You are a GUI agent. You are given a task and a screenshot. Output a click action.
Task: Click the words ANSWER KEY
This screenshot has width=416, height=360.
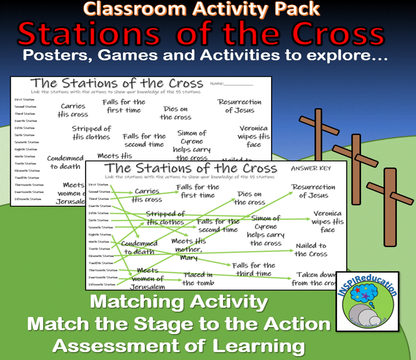pos(311,168)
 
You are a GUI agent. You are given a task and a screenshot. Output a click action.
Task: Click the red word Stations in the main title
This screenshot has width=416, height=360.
pos(89,34)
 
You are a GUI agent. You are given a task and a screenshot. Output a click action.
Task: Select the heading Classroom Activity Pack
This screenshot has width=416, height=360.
pos(201,9)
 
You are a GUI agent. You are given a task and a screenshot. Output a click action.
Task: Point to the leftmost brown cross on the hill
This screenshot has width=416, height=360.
pos(318,137)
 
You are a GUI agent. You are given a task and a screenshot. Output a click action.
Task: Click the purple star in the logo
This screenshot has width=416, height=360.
pos(365,296)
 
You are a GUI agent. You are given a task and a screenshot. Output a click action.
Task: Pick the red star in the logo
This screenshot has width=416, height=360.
pos(357,290)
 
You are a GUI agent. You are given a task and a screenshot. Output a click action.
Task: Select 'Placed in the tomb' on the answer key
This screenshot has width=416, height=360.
pos(198,279)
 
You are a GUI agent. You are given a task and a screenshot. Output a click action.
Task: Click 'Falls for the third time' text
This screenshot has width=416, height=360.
pos(253,269)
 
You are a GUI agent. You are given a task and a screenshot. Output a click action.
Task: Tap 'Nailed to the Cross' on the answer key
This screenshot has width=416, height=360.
pos(311,250)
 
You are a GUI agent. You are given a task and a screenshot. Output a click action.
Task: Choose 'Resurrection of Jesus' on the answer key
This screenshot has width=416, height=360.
pos(313,191)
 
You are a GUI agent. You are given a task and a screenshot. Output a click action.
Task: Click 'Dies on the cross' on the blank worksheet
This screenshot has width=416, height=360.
pos(175,113)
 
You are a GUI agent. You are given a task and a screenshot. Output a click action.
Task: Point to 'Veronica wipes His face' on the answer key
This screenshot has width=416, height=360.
pos(327,221)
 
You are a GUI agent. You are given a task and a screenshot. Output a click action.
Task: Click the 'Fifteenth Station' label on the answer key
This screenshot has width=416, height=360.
pos(102,285)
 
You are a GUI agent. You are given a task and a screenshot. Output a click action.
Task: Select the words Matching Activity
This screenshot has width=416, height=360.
pos(179,302)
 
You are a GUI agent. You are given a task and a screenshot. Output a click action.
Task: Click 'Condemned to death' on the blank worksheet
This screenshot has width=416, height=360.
pos(65,162)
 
